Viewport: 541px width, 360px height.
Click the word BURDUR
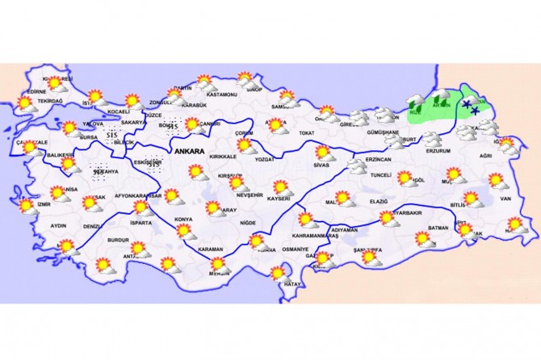click(x=120, y=241)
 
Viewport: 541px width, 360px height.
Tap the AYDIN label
click(x=58, y=226)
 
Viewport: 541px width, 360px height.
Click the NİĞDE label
click(x=248, y=222)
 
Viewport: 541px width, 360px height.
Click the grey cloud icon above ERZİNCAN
click(x=356, y=167)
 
